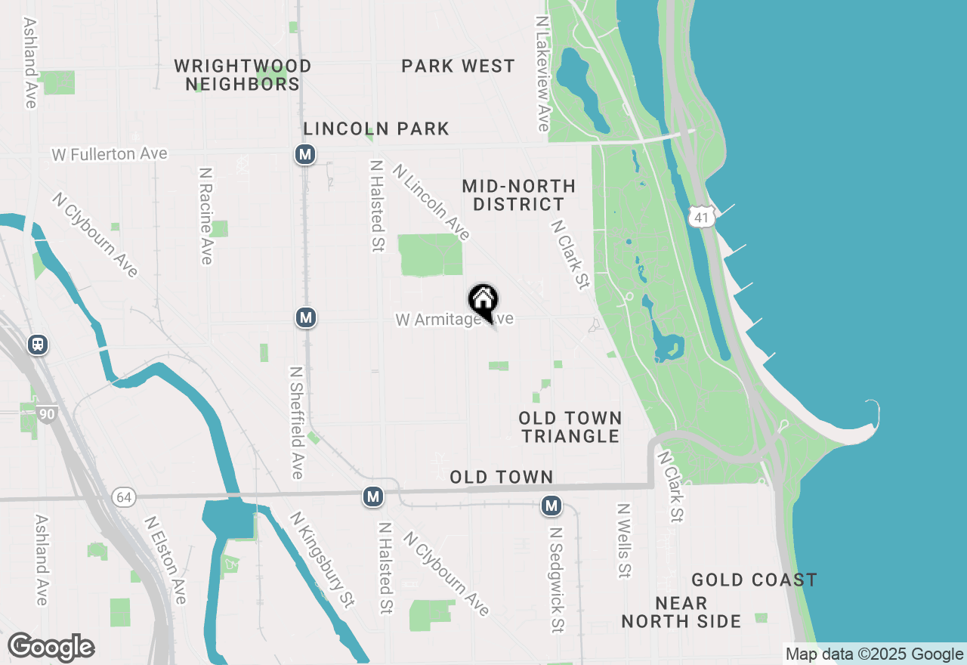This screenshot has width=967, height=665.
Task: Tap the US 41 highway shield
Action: [x=702, y=218]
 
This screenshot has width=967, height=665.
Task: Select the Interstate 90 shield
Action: [x=47, y=414]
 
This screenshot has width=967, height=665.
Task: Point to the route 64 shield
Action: [x=123, y=497]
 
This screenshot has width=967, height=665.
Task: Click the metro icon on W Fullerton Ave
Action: [x=304, y=155]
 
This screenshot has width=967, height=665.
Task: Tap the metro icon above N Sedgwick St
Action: [x=551, y=506]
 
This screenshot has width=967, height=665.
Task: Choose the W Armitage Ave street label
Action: [x=454, y=320]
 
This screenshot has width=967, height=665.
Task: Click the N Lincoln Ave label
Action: [x=431, y=204]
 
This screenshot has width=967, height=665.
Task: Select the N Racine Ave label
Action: [x=205, y=216]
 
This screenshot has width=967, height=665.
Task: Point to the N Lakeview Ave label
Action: [x=542, y=73]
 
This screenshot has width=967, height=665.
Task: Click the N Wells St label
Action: [x=623, y=541]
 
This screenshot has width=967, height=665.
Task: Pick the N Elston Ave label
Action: [x=165, y=560]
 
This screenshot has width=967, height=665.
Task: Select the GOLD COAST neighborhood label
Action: [x=754, y=580]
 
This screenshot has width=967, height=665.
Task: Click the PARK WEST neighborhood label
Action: [x=458, y=66]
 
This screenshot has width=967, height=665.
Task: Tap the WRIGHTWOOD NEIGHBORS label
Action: [x=243, y=75]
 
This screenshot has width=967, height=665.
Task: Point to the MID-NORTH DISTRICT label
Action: [x=518, y=195]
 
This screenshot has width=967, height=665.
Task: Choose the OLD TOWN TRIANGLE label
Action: [x=570, y=427]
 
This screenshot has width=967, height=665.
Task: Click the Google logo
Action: [x=51, y=648]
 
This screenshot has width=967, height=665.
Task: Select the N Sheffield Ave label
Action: [x=296, y=422]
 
